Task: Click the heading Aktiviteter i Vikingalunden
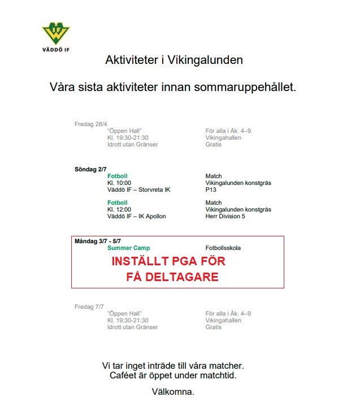[x=174, y=60]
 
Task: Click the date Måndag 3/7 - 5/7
[x=98, y=241]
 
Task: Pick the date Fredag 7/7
[x=89, y=307]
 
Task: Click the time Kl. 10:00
[x=119, y=183]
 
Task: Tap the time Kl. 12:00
[x=119, y=209]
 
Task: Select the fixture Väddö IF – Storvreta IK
[x=138, y=189]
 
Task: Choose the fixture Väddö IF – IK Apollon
[x=136, y=216]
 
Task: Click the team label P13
[x=211, y=189]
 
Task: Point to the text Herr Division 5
[x=226, y=216]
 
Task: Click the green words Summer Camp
[x=128, y=248]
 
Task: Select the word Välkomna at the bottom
[x=173, y=391]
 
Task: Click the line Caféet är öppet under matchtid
[x=173, y=375]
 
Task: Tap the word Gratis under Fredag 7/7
[x=214, y=327]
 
